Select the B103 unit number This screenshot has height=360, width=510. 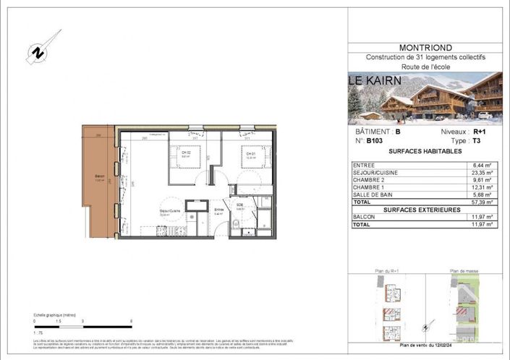[374, 142]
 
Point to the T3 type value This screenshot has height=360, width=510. [476, 142]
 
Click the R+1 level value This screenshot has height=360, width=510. [479, 132]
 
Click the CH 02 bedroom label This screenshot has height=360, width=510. [186, 153]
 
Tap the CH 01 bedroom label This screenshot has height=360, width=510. [250, 153]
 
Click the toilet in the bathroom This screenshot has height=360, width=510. [248, 232]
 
